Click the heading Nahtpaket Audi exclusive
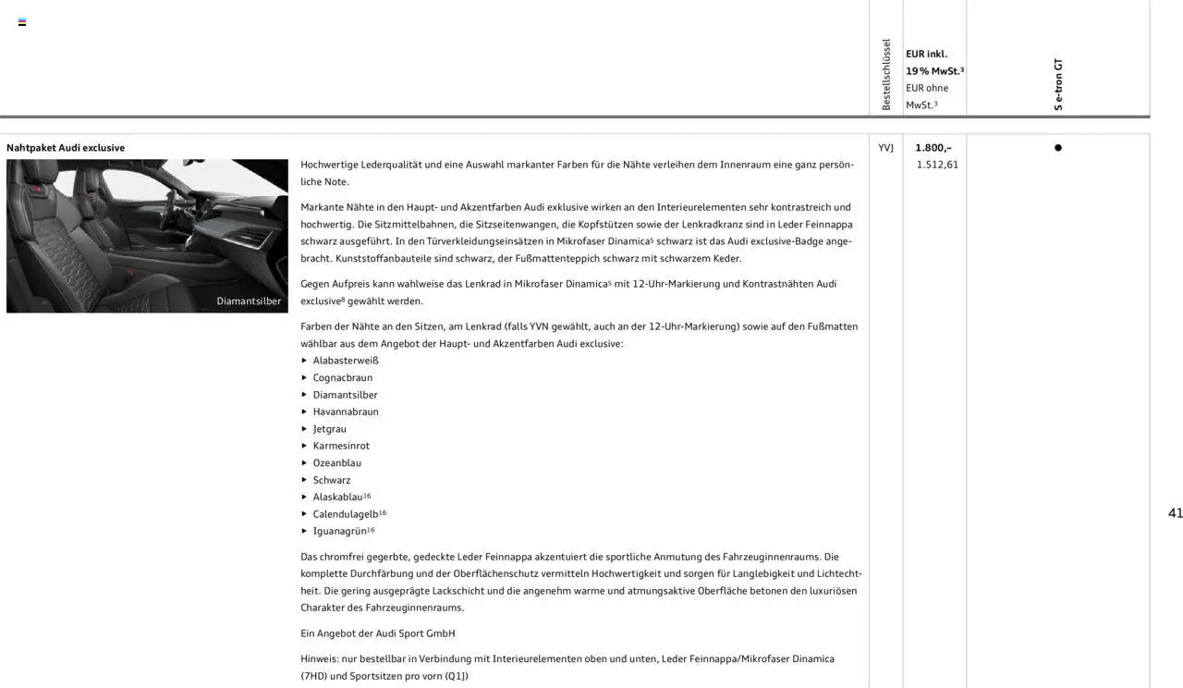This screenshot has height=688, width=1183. pyautogui.click(x=66, y=148)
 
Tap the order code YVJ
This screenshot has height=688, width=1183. pyautogui.click(x=885, y=148)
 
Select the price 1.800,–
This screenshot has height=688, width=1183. pyautogui.click(x=933, y=148)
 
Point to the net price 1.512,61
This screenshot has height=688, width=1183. pyautogui.click(x=937, y=165)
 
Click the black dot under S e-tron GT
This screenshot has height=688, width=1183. pyautogui.click(x=1058, y=148)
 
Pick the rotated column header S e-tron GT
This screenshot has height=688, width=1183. pyautogui.click(x=1058, y=85)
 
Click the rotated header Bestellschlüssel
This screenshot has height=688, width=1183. pyautogui.click(x=886, y=75)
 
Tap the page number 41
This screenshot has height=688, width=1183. pyautogui.click(x=1175, y=513)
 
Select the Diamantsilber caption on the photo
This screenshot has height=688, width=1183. pyautogui.click(x=249, y=301)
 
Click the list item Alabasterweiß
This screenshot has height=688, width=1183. pyautogui.click(x=346, y=361)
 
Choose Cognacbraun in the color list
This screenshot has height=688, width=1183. pyautogui.click(x=343, y=377)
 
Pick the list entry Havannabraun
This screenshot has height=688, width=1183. pyautogui.click(x=346, y=412)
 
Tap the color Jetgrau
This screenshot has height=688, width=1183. pyautogui.click(x=330, y=429)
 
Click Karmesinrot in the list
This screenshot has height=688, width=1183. pyautogui.click(x=341, y=446)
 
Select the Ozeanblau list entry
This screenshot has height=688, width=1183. pyautogui.click(x=337, y=462)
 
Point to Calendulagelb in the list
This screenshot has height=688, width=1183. pyautogui.click(x=346, y=514)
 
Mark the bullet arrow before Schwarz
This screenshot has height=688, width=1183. pyautogui.click(x=304, y=480)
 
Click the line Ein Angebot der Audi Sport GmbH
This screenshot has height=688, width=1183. pyautogui.click(x=378, y=633)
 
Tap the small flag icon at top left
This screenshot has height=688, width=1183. pyautogui.click(x=22, y=22)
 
